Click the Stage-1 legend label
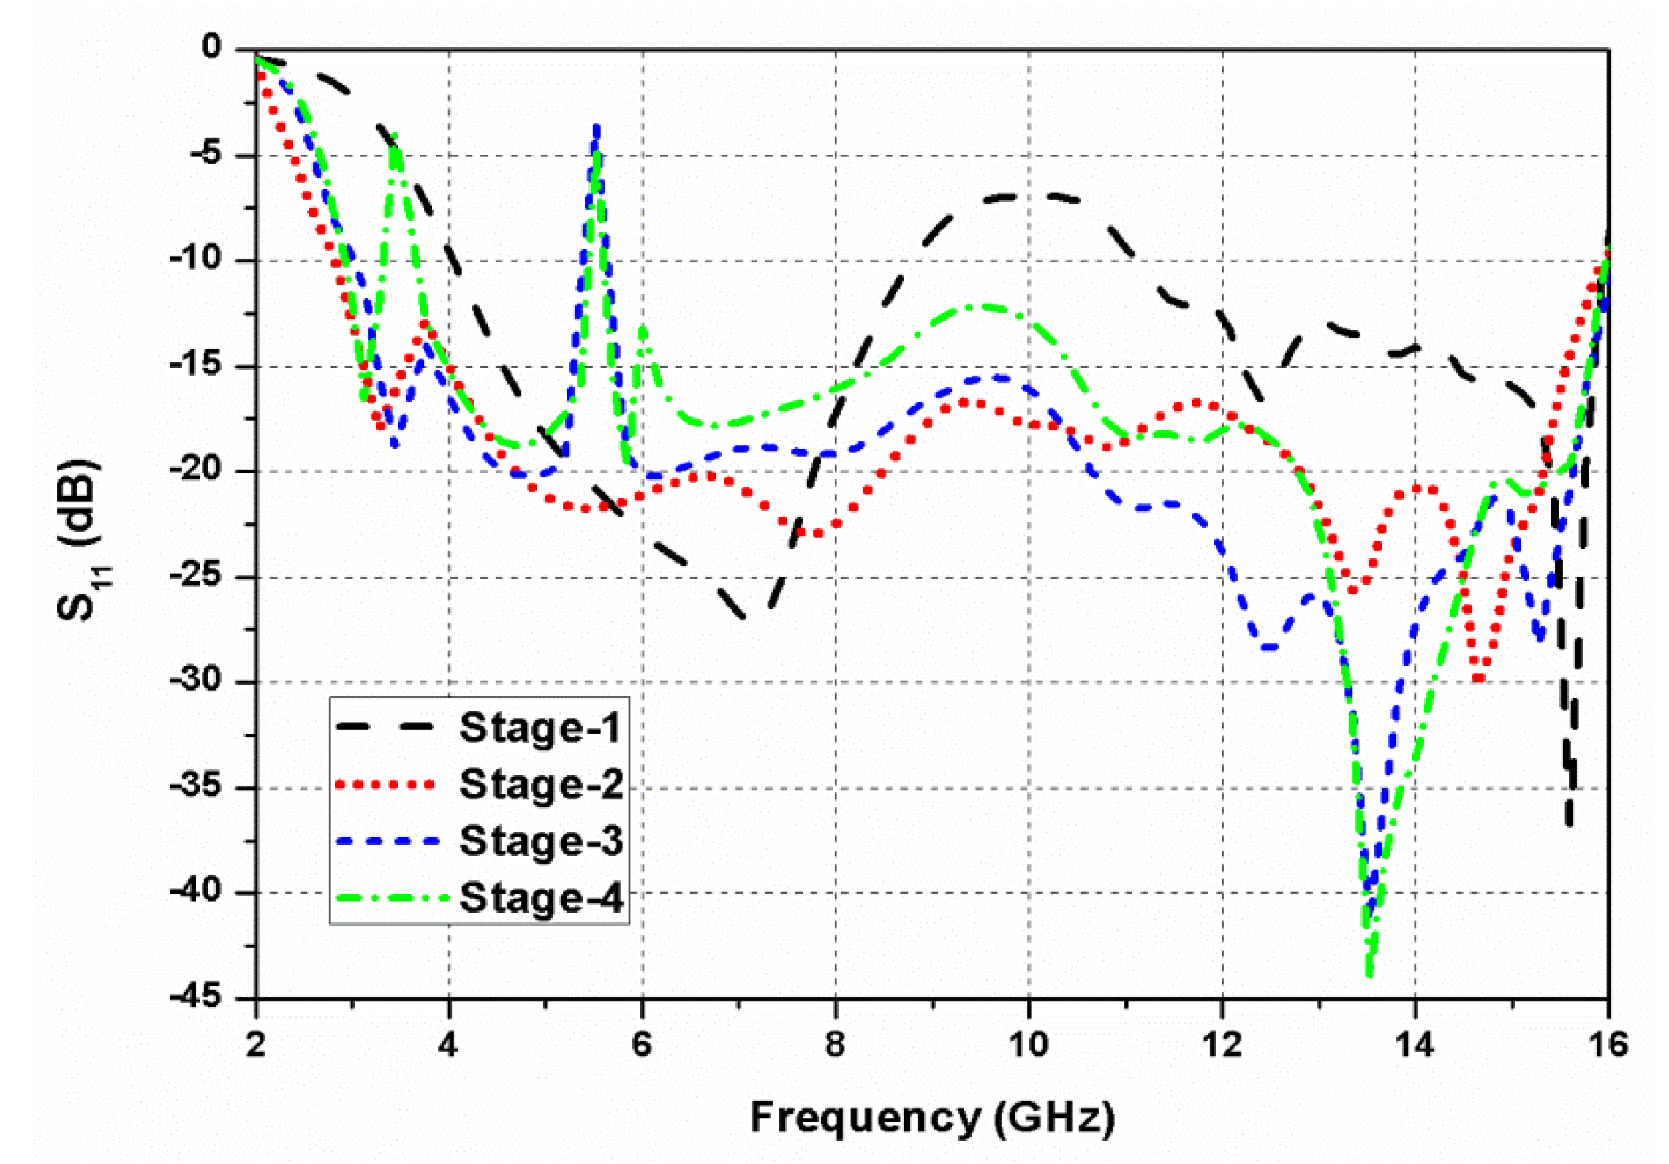click(x=540, y=727)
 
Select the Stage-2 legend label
click(x=541, y=784)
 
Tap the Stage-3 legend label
click(x=541, y=840)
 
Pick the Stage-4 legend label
click(x=541, y=897)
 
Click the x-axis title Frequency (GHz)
click(x=932, y=1117)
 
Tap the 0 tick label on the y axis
click(x=211, y=47)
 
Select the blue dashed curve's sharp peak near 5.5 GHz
click(x=597, y=128)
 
